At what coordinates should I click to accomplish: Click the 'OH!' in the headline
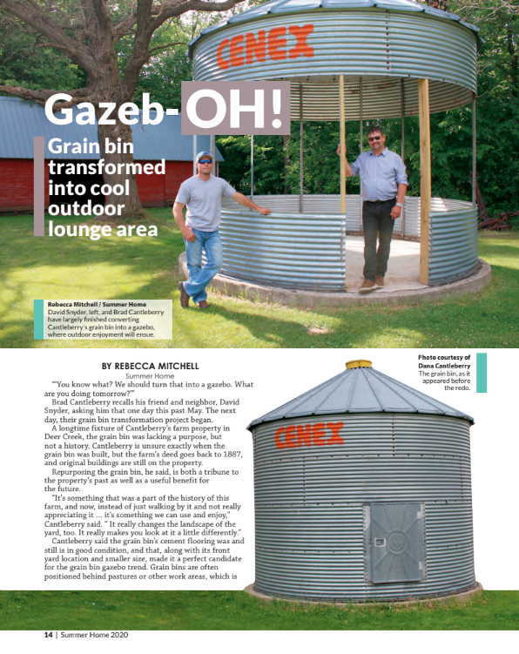pos(235,108)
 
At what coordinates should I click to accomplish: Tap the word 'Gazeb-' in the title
pos(111,108)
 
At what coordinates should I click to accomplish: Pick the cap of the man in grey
pos(204,157)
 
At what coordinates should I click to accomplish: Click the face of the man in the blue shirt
pos(375,139)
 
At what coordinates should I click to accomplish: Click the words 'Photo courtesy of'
pos(444,357)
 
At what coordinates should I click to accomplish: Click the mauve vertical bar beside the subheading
pos(38,185)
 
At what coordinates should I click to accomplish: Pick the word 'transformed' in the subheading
pos(106,166)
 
